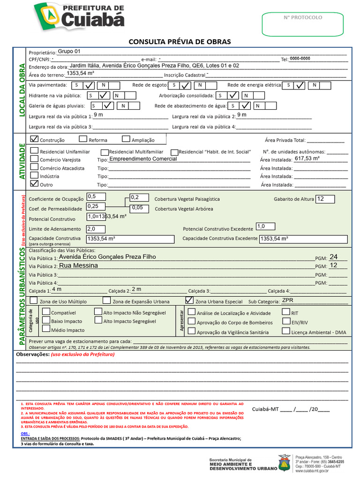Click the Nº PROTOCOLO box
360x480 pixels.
pos(303,24)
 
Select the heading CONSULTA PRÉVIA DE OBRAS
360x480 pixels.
pos(180,42)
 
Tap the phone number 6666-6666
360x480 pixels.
pos(300,59)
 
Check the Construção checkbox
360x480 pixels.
pos(34,139)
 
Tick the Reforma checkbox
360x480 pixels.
pos(83,139)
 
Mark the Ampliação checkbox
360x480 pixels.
pos(126,139)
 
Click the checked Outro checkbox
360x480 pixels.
pos(34,184)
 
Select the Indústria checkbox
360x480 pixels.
pos(34,175)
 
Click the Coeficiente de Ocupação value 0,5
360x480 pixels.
pos(96,196)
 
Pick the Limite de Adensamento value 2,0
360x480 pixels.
pos(96,229)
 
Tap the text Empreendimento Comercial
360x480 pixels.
pos(143,159)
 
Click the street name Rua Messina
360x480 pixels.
pos(78,265)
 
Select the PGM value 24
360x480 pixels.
pos(333,257)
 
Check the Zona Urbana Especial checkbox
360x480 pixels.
pos(189,300)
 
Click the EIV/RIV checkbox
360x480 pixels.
pos(286,321)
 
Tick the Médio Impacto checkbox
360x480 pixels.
pos(46,330)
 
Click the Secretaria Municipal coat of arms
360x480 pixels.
pos(284,463)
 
